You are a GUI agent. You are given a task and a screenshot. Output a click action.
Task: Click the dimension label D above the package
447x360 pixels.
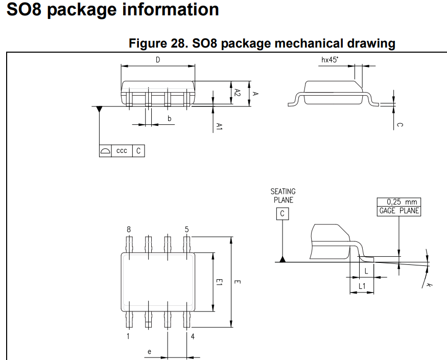[158, 60]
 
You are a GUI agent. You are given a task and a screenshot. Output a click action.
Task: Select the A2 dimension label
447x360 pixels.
[238, 93]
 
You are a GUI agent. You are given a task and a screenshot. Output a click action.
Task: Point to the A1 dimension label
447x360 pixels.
[219, 127]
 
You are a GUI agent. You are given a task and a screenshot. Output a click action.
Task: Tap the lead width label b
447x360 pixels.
[170, 119]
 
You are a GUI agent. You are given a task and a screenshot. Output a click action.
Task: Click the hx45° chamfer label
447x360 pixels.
[330, 60]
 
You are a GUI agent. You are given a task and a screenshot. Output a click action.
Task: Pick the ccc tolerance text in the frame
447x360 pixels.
[122, 151]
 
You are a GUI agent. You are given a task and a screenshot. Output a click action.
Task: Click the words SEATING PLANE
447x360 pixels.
[283, 195]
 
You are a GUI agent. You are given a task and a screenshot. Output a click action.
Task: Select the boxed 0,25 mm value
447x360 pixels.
[399, 202]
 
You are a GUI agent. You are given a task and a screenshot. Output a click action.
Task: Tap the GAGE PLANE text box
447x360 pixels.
[399, 211]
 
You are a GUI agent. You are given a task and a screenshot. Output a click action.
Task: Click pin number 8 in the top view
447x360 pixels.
[129, 230]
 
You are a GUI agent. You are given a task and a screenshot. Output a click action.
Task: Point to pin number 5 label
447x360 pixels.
[187, 230]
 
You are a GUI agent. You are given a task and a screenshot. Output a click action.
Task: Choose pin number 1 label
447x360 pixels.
[128, 336]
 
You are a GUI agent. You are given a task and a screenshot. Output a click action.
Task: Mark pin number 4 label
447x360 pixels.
[193, 336]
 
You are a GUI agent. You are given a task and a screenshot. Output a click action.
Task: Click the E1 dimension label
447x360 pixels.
[219, 282]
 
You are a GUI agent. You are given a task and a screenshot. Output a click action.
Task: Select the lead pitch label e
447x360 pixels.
[149, 351]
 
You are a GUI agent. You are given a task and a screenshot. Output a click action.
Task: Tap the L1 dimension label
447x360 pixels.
[362, 286]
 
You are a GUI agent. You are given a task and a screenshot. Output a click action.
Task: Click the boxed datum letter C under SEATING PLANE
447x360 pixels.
[283, 213]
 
